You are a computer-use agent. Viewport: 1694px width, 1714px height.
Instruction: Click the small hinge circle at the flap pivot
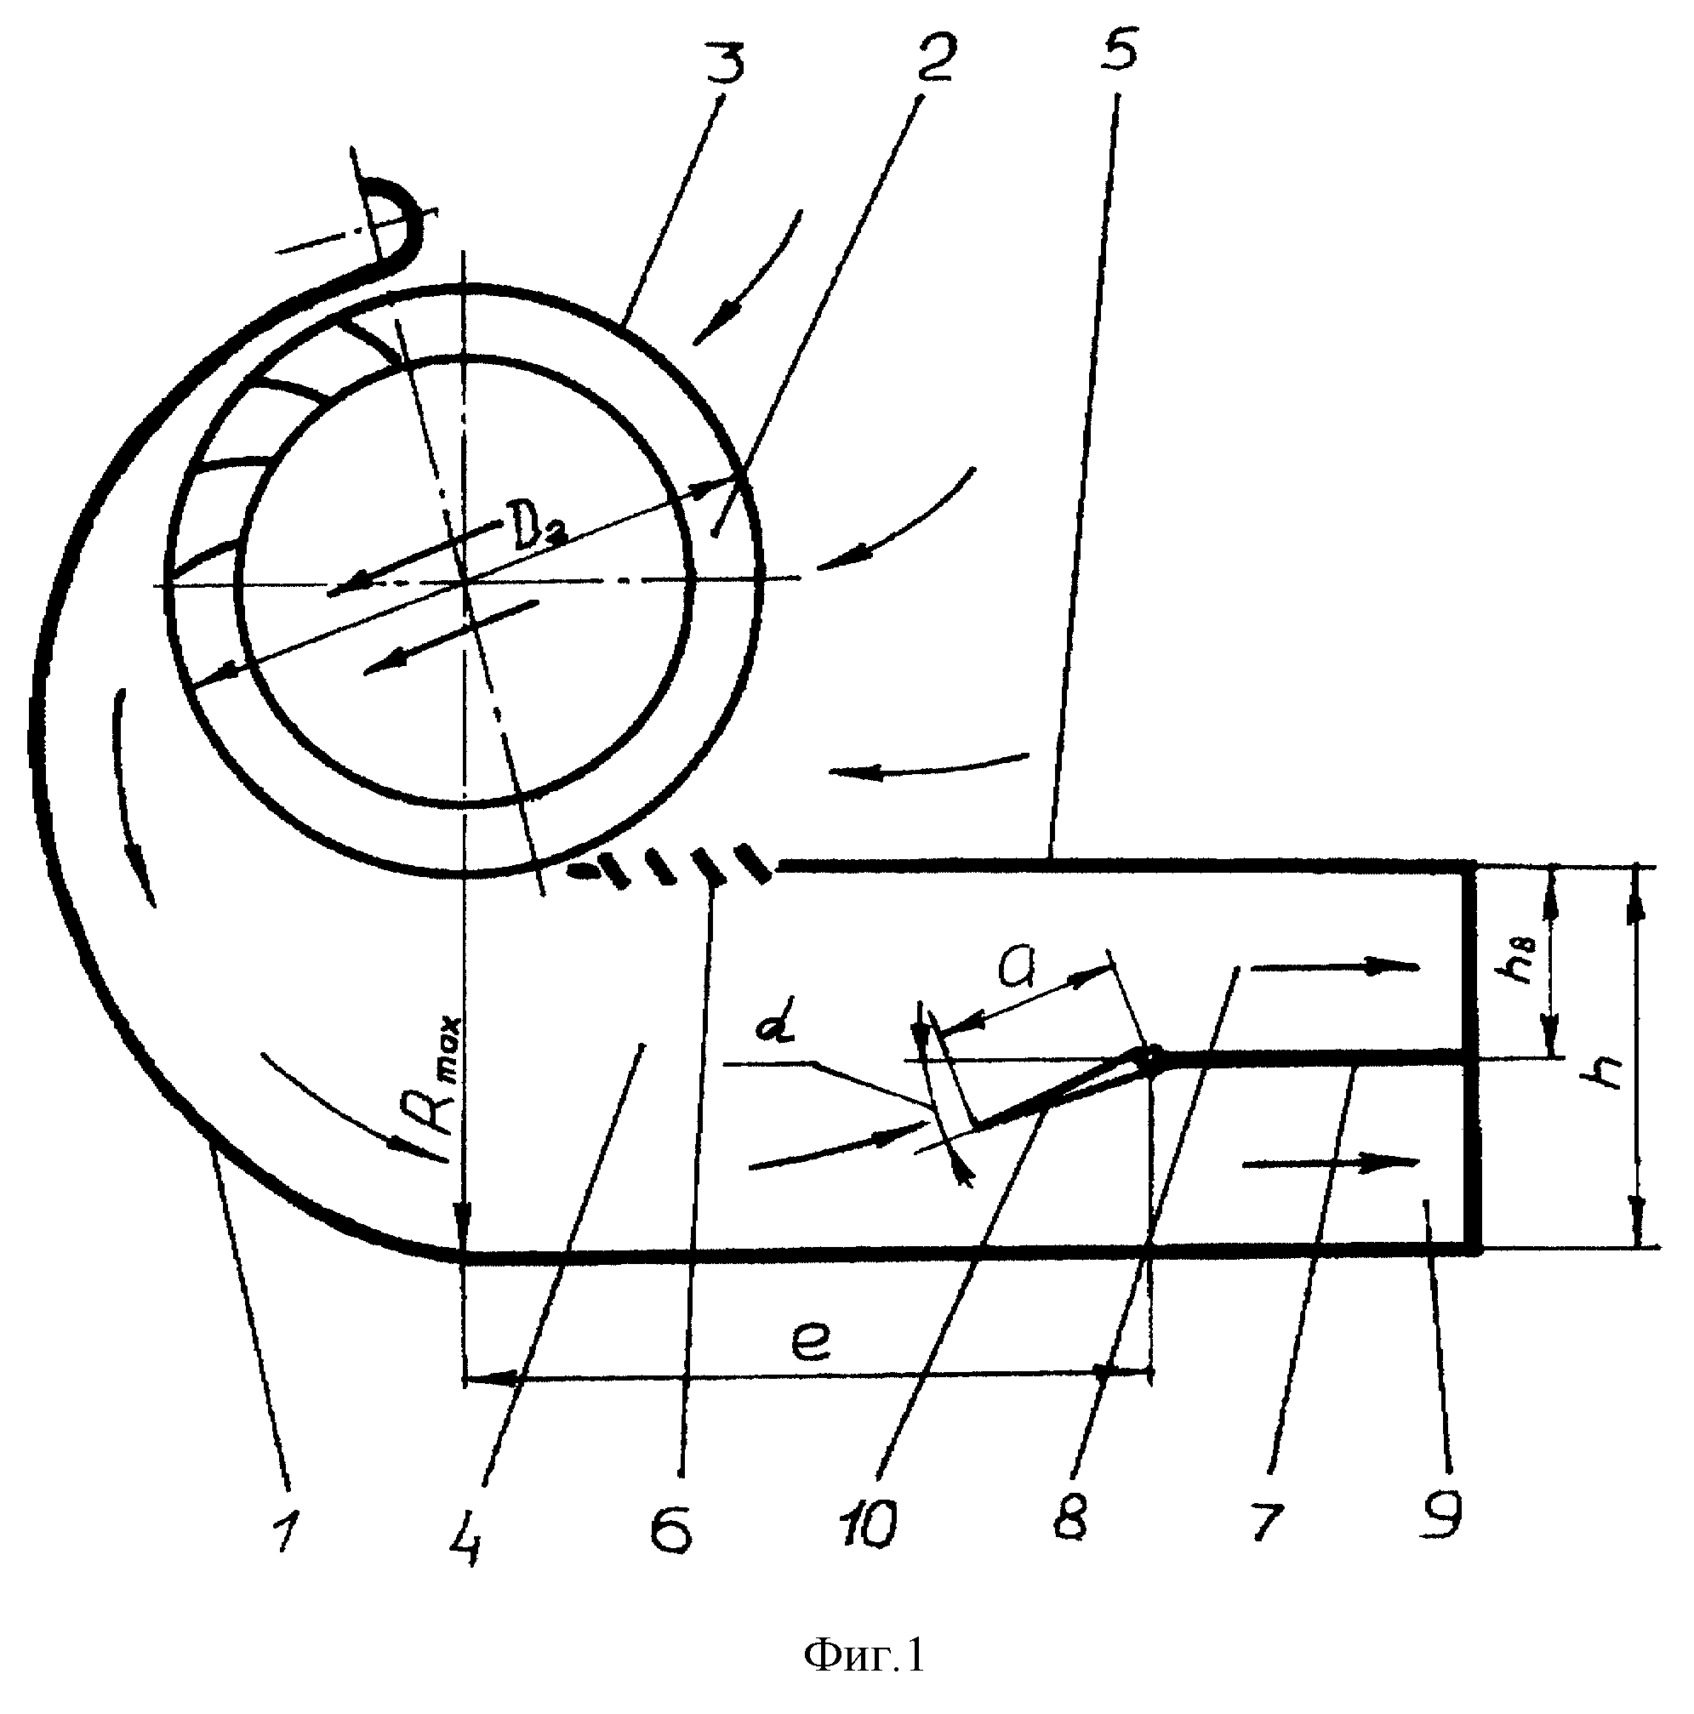(1149, 1057)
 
